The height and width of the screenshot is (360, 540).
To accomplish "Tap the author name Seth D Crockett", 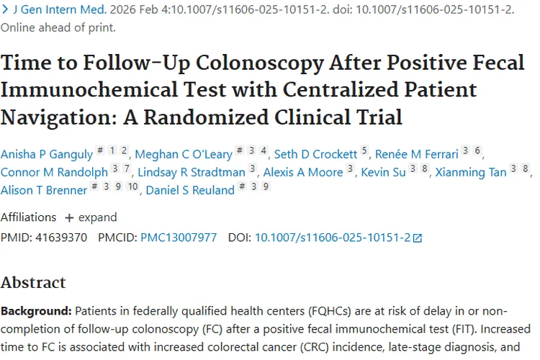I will (316, 153).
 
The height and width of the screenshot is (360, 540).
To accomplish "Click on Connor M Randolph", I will (54, 172).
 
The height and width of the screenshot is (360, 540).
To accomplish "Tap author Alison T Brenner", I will (42, 190).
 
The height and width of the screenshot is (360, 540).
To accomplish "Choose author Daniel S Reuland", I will (190, 190).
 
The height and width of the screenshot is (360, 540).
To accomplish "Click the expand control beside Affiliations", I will (90, 217).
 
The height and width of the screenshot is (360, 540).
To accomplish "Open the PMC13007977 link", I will (178, 237).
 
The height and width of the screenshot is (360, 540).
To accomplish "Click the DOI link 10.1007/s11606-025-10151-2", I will (332, 237).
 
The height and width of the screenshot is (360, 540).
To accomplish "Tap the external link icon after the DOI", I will (418, 238).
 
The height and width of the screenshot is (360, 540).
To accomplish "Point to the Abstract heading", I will (33, 282).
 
